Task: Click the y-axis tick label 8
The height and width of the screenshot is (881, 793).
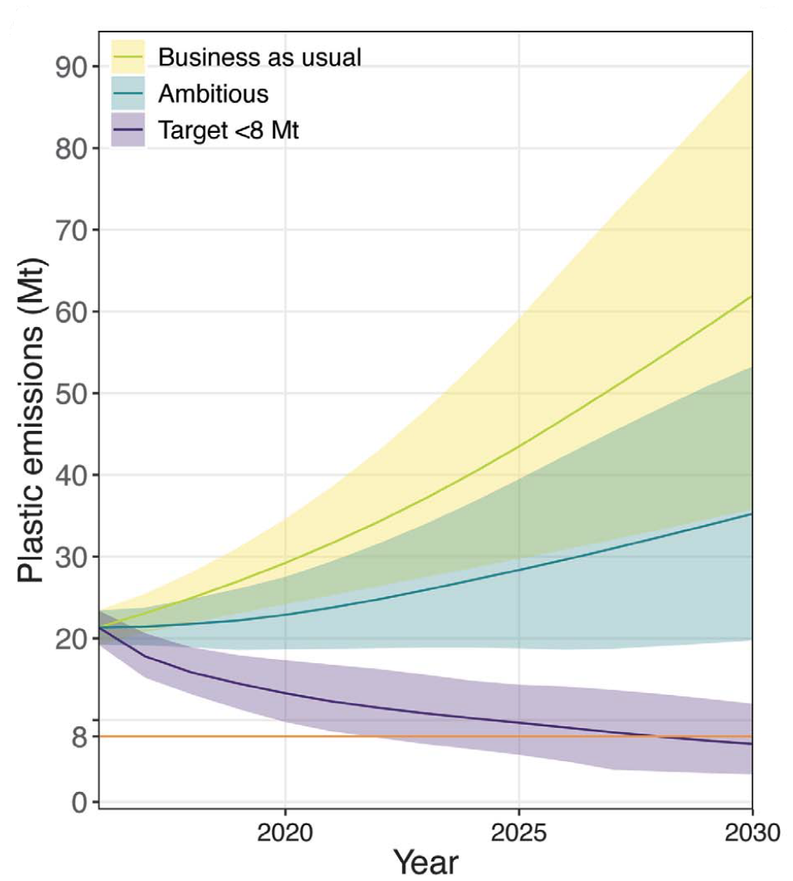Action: click(79, 737)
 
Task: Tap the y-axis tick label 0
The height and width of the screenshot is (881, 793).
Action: click(79, 802)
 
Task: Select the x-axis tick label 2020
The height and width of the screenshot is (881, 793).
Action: click(285, 832)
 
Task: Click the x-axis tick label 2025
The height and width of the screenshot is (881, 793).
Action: click(519, 832)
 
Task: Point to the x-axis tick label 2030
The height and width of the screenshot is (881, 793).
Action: click(751, 832)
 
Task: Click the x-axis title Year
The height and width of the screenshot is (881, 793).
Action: click(426, 862)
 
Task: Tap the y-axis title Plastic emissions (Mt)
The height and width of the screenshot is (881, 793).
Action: click(32, 421)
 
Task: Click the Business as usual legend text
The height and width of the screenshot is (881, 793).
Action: click(259, 57)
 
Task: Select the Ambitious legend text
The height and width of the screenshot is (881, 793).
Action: click(213, 94)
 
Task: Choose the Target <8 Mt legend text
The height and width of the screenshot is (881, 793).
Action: click(228, 130)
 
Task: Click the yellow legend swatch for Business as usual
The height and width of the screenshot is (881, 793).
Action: click(127, 57)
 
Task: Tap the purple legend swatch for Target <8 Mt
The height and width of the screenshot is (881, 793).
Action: click(127, 130)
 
